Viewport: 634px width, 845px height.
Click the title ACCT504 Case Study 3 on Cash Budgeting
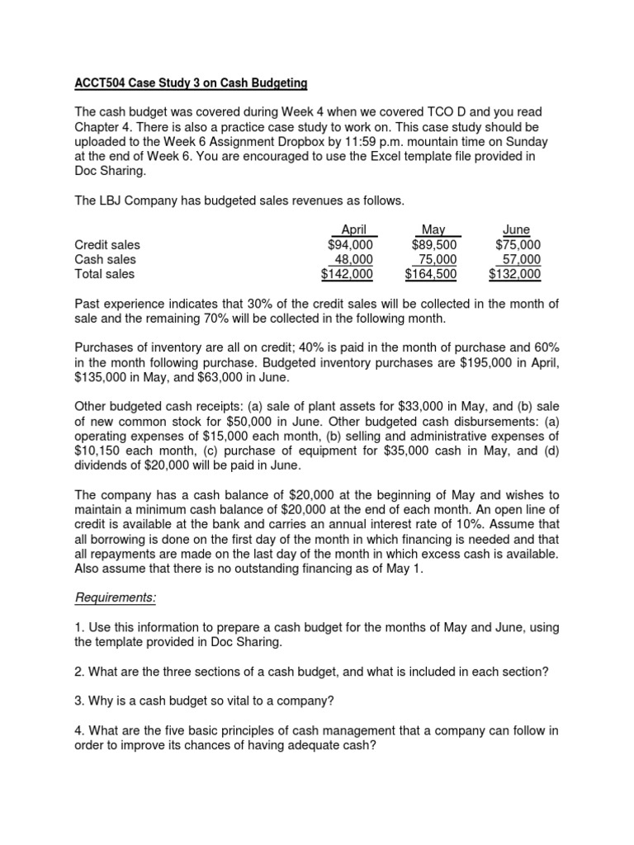191,83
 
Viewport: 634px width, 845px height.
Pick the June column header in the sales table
516,229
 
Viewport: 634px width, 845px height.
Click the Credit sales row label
107,244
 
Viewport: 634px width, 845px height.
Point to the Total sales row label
104,274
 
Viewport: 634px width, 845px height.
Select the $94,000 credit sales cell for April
350,244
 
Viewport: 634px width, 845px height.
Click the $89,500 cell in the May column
434,244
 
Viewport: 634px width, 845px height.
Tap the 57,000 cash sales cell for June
521,259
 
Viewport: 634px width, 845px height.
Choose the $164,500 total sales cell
430,274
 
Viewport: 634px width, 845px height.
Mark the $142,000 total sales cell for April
347,274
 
